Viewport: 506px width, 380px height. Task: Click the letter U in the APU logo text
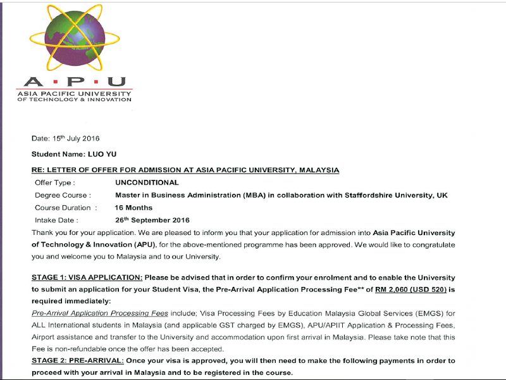click(118, 82)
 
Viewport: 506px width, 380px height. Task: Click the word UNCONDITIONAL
click(147, 182)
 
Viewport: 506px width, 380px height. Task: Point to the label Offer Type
click(56, 182)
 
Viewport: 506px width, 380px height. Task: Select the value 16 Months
click(133, 208)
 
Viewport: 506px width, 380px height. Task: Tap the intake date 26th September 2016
click(152, 220)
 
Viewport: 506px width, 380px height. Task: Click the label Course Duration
click(66, 208)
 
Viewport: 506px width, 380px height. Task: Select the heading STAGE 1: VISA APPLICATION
click(87, 278)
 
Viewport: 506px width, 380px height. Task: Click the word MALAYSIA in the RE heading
click(318, 170)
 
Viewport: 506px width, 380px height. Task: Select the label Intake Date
click(56, 220)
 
